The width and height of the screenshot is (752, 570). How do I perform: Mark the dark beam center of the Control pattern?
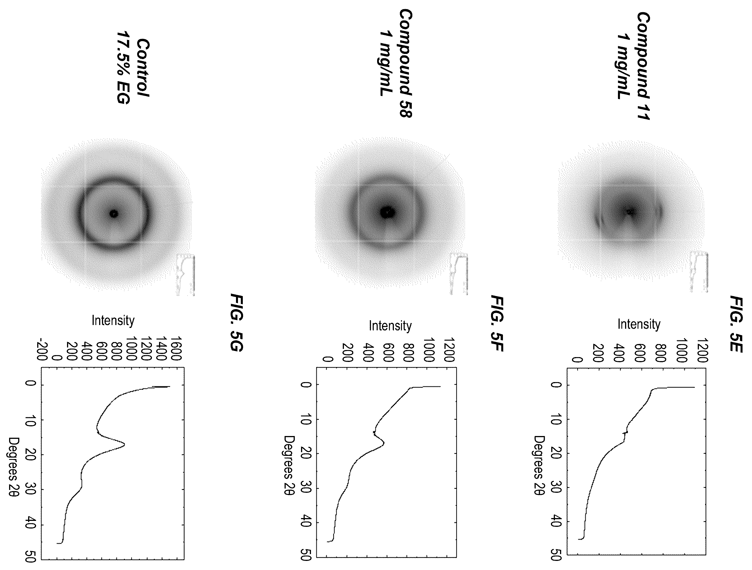pyautogui.click(x=114, y=213)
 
